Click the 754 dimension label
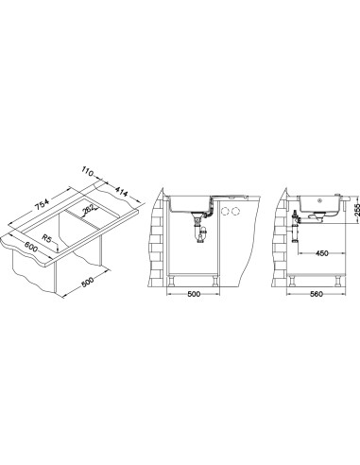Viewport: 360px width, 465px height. [42, 205]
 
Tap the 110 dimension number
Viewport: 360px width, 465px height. [87, 173]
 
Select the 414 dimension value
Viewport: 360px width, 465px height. [121, 192]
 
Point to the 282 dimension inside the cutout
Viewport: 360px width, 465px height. [87, 211]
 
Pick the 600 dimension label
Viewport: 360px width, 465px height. [31, 246]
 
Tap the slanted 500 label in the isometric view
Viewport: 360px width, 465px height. [87, 282]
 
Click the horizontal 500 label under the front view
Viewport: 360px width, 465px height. [194, 294]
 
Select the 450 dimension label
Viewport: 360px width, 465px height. [321, 253]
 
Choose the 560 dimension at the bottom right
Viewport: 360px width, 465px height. [317, 294]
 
